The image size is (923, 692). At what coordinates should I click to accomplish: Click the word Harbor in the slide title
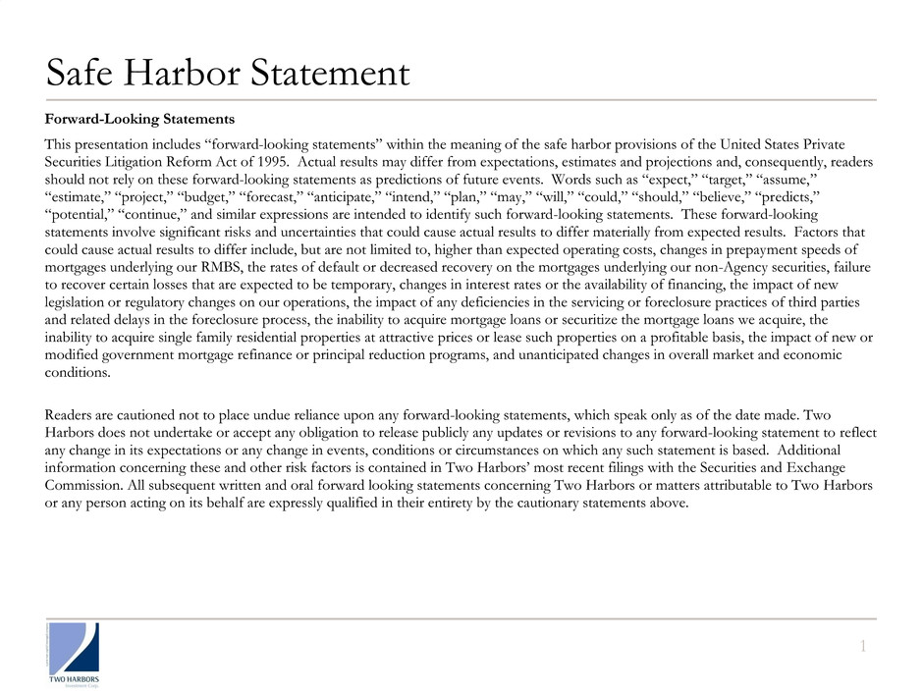pyautogui.click(x=192, y=72)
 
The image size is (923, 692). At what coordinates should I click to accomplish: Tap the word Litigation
pyautogui.click(x=142, y=162)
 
